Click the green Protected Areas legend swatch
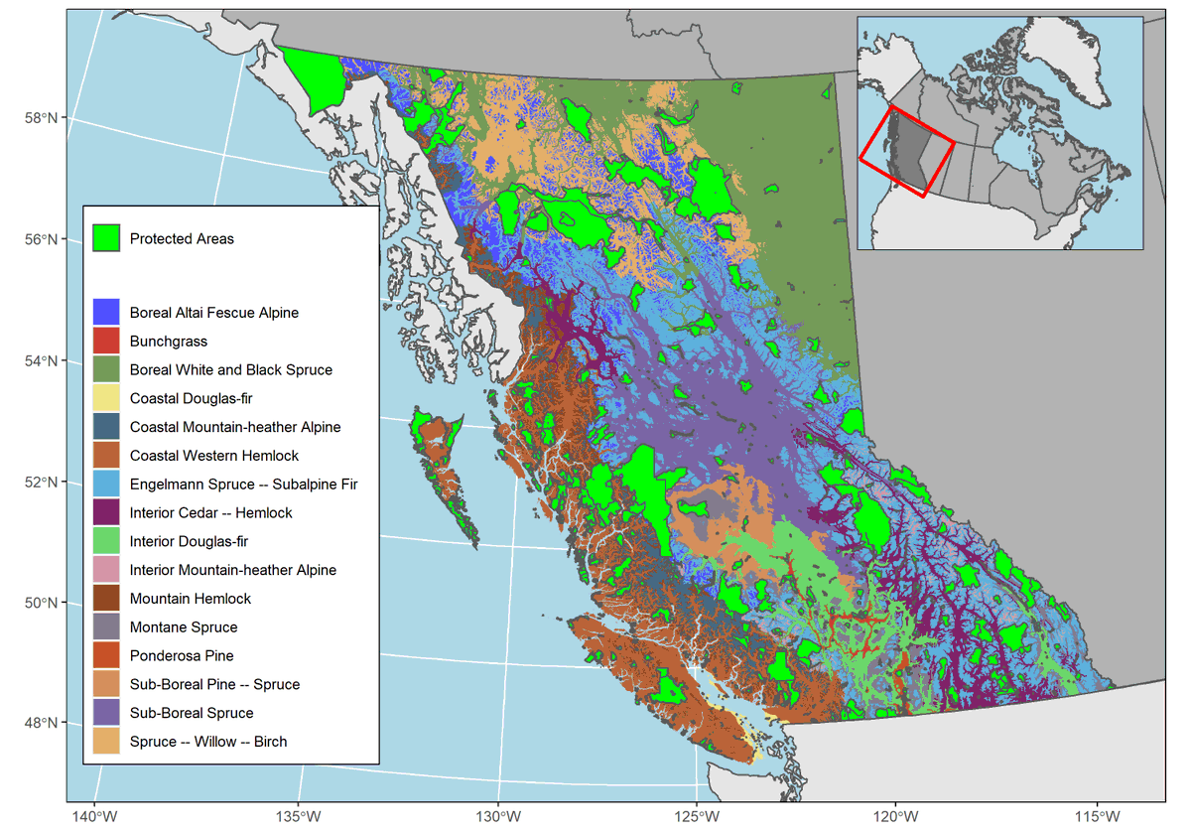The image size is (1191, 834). [x=106, y=238]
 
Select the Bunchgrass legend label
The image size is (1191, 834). [x=169, y=342]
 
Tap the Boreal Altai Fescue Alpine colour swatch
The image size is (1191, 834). [x=106, y=313]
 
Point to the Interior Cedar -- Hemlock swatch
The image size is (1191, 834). [x=106, y=513]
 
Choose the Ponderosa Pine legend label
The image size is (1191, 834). [x=182, y=656]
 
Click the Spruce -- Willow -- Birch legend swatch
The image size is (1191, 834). [x=106, y=742]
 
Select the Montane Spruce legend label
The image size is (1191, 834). [x=184, y=627]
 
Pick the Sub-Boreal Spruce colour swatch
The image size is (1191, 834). [x=106, y=713]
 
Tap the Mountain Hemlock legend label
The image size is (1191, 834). [x=191, y=599]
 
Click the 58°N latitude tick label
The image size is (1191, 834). [x=41, y=118]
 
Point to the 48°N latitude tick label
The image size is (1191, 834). [x=41, y=723]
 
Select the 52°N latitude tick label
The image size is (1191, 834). [x=41, y=483]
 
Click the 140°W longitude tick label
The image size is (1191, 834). [x=95, y=816]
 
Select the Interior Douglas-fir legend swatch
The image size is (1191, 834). [x=106, y=541]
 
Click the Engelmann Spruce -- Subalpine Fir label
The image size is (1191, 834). [x=243, y=485]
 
